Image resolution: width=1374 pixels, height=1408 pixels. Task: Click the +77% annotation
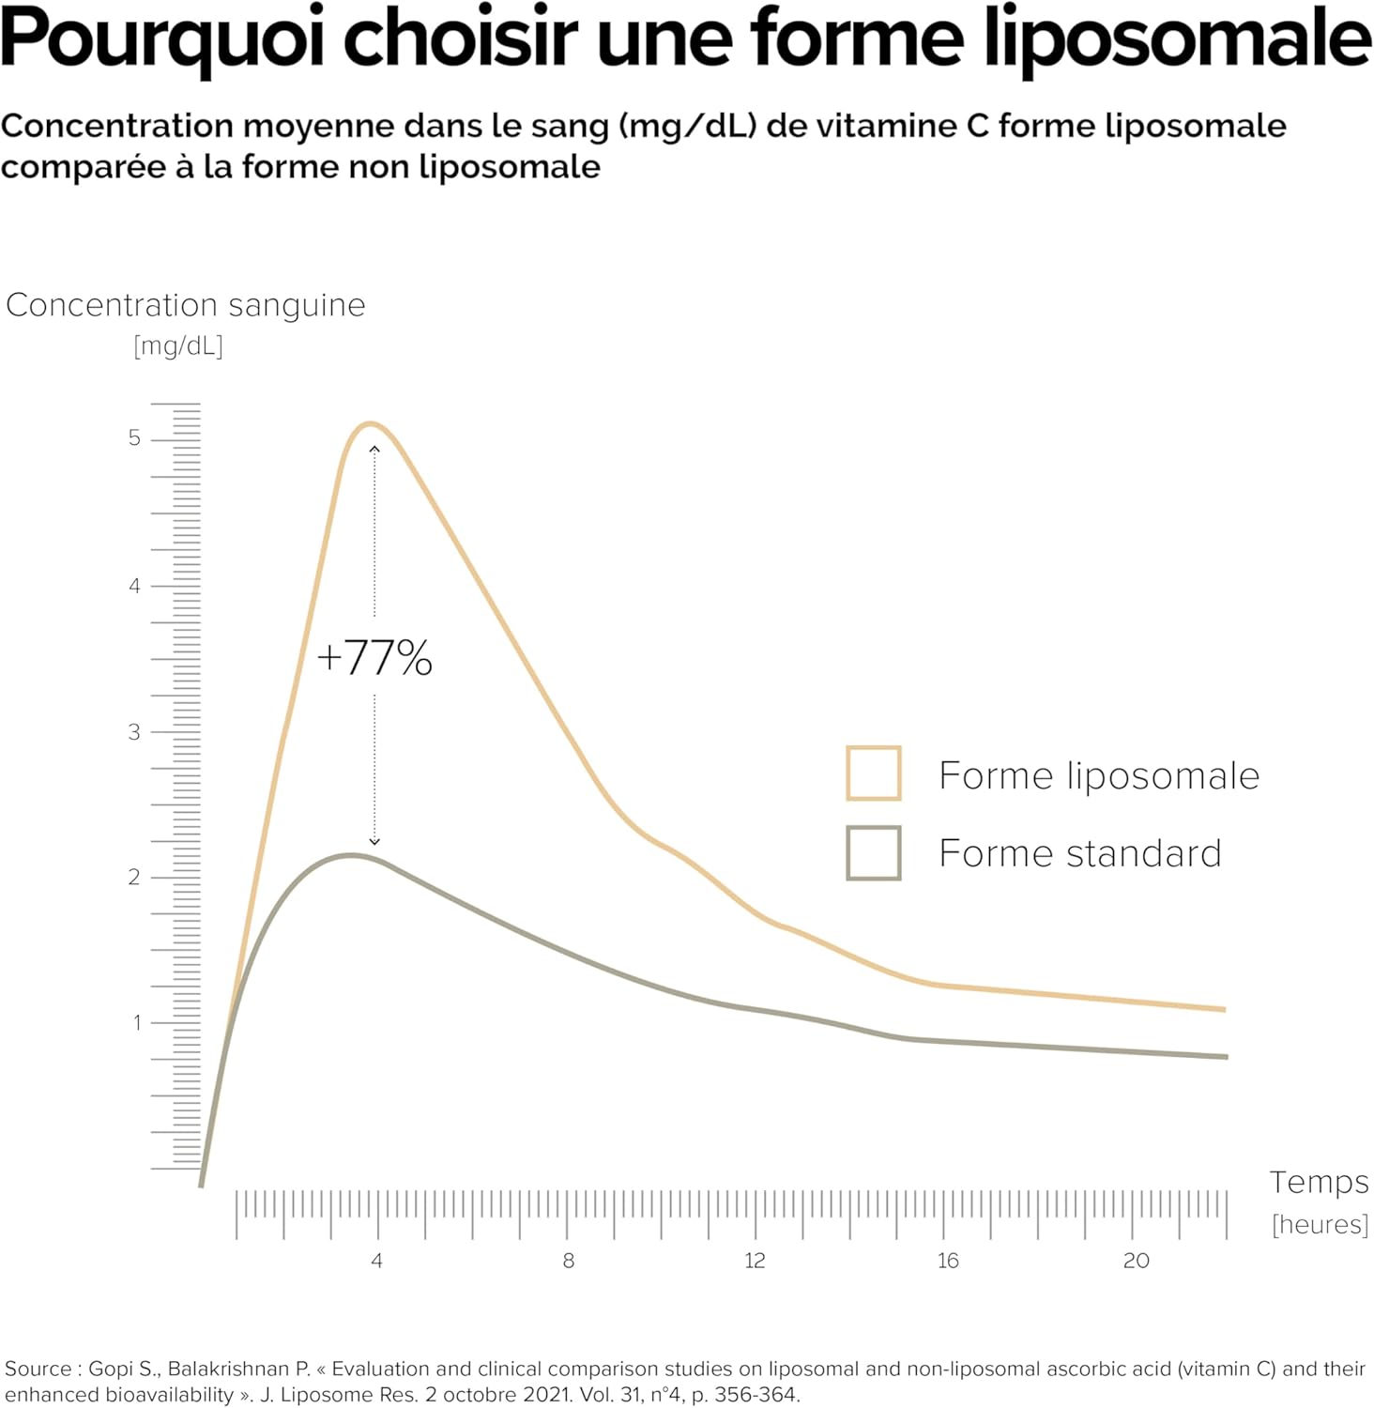click(x=374, y=657)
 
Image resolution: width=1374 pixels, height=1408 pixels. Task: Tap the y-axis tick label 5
click(x=135, y=438)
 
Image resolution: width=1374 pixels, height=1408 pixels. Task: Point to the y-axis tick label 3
click(x=135, y=732)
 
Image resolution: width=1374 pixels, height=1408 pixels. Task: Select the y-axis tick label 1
click(x=137, y=1022)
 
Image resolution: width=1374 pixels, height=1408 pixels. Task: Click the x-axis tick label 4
click(x=376, y=1261)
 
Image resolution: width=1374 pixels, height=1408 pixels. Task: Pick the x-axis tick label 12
click(x=755, y=1261)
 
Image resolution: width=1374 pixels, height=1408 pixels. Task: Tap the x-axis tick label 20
click(x=1136, y=1261)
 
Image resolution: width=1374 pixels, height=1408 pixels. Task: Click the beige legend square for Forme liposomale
click(x=874, y=773)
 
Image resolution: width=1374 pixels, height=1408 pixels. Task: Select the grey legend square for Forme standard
click(x=874, y=852)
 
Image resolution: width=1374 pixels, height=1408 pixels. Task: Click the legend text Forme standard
click(x=1080, y=854)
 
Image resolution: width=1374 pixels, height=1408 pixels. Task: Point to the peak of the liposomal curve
click(x=370, y=424)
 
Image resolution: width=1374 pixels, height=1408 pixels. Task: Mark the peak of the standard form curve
click(x=350, y=855)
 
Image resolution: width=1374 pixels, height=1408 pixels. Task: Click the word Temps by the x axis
click(x=1319, y=1182)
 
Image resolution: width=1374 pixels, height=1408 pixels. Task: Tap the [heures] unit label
click(x=1320, y=1224)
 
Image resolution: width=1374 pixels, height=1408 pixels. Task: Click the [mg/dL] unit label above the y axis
click(x=178, y=345)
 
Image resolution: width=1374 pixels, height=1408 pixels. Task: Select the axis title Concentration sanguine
click(x=186, y=305)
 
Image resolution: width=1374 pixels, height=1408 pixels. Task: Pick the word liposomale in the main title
click(x=1178, y=39)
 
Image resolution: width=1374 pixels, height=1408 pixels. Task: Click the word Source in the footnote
click(x=38, y=1369)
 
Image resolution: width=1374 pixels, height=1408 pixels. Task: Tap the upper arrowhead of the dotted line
click(x=374, y=451)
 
